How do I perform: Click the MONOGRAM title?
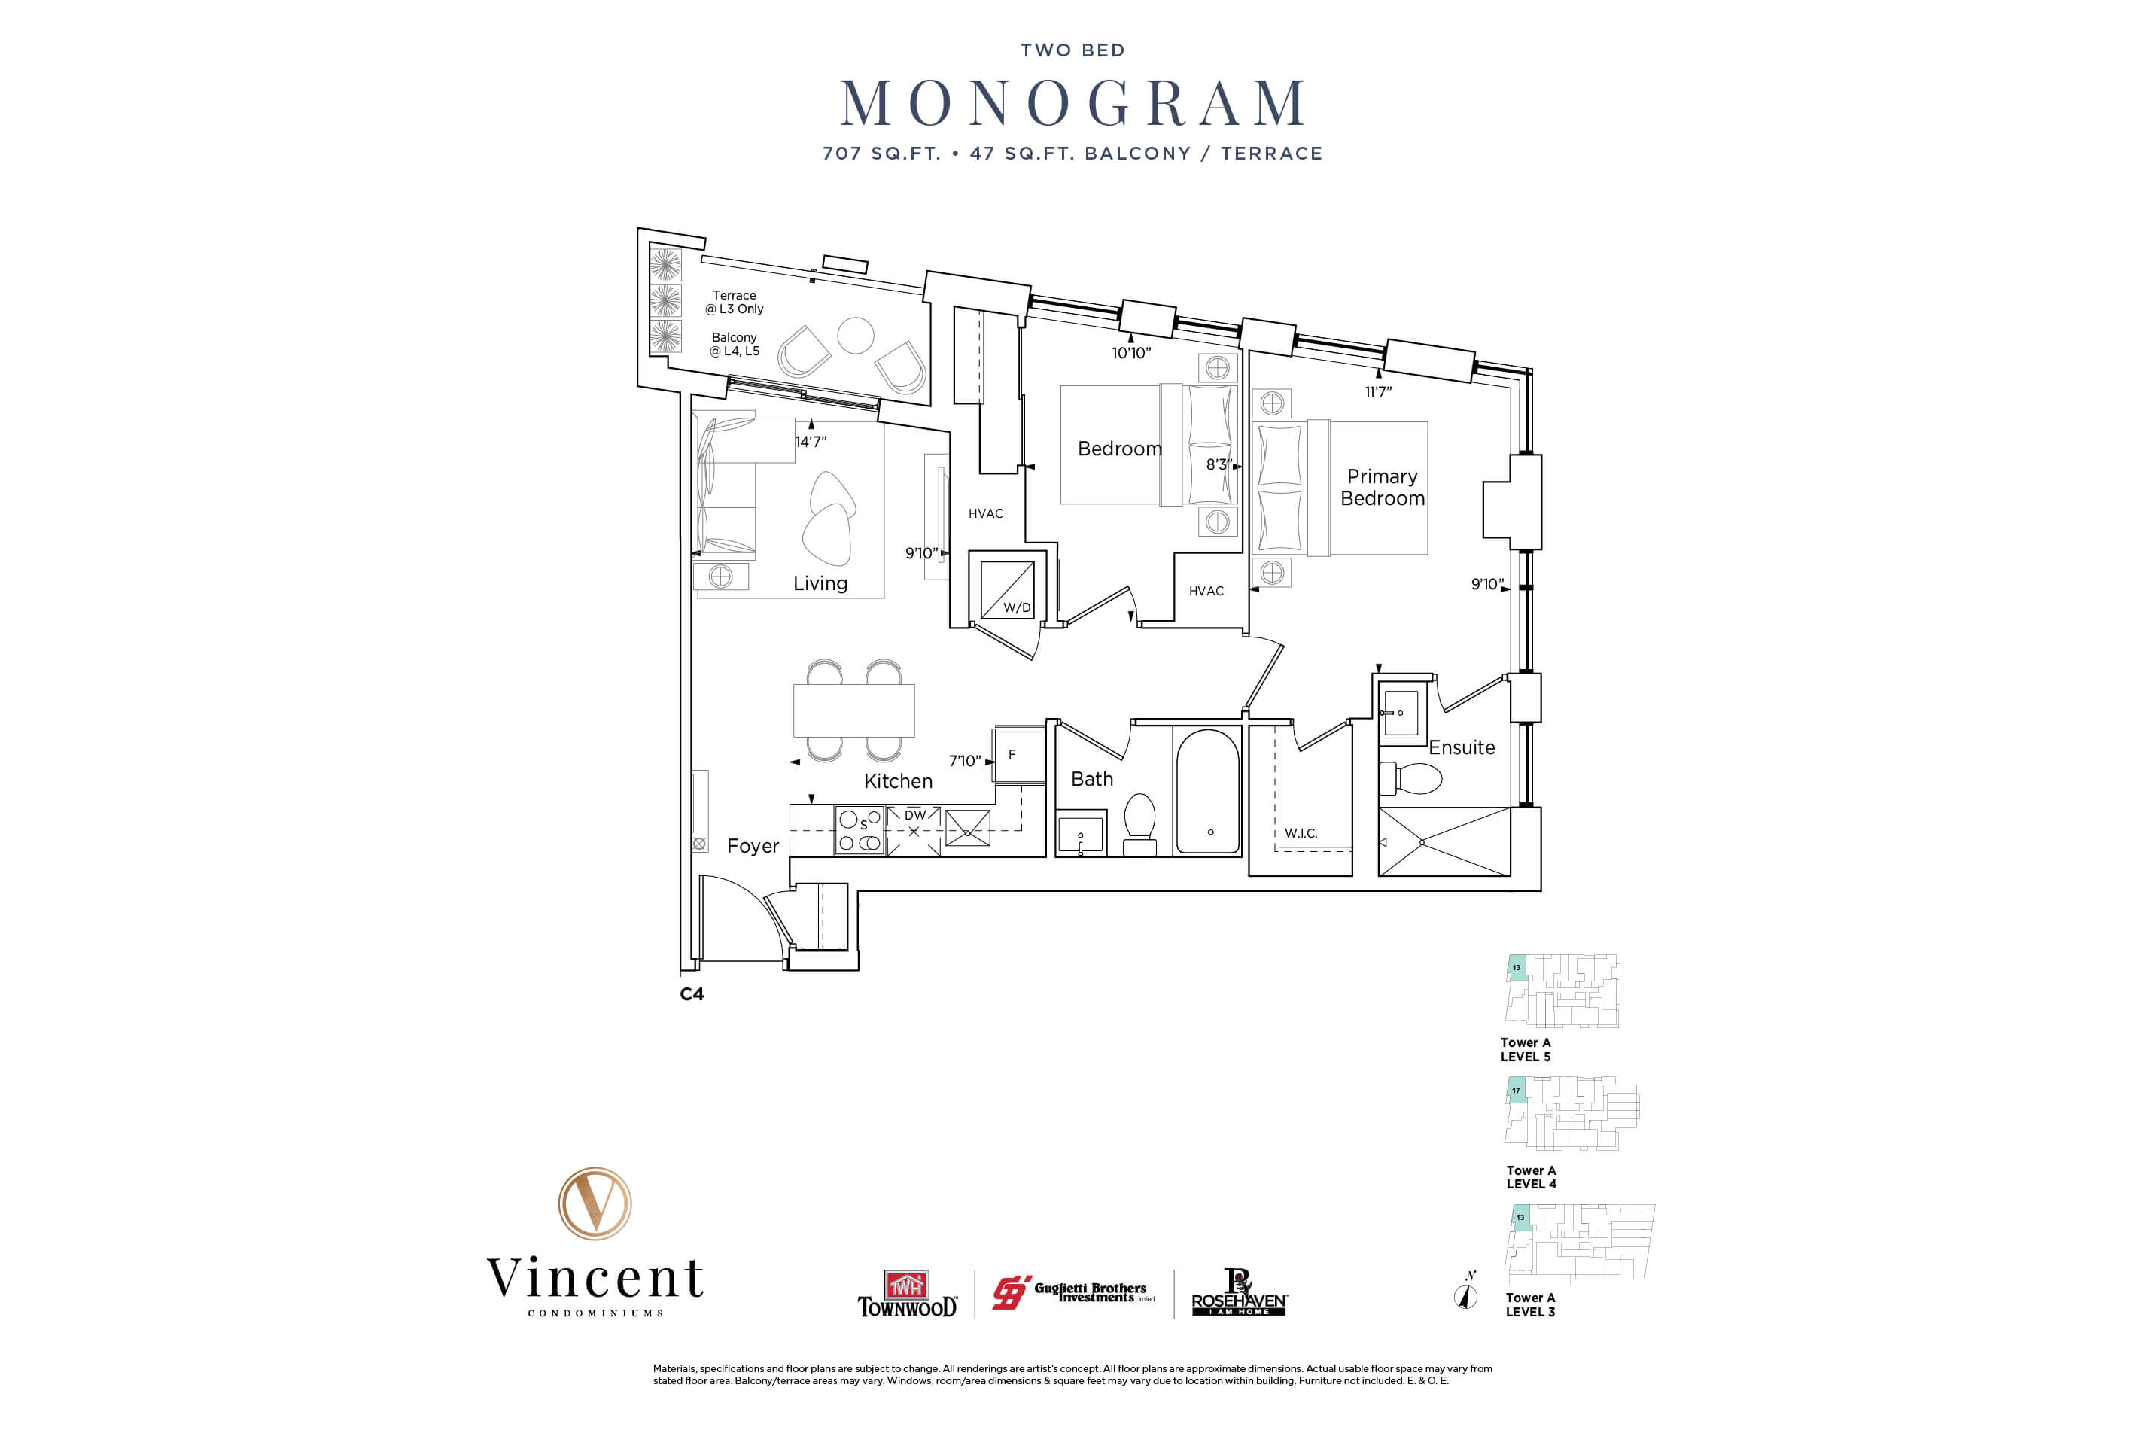point(1072,103)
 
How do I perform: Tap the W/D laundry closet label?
point(1016,607)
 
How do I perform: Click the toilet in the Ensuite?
point(1412,778)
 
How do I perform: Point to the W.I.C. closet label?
point(1301,832)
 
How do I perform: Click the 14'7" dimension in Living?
point(810,441)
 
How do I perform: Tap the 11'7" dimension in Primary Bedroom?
point(1377,392)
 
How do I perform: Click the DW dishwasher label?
point(914,814)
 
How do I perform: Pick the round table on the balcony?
point(856,335)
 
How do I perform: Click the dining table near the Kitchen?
point(853,710)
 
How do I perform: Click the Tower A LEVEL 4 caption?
point(1532,1176)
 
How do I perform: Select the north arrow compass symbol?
point(1465,1294)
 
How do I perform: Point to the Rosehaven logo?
point(1240,1293)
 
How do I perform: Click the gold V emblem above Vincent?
point(595,1203)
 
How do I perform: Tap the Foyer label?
point(753,845)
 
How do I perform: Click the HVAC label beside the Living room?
point(985,513)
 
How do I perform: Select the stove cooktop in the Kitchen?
point(858,830)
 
